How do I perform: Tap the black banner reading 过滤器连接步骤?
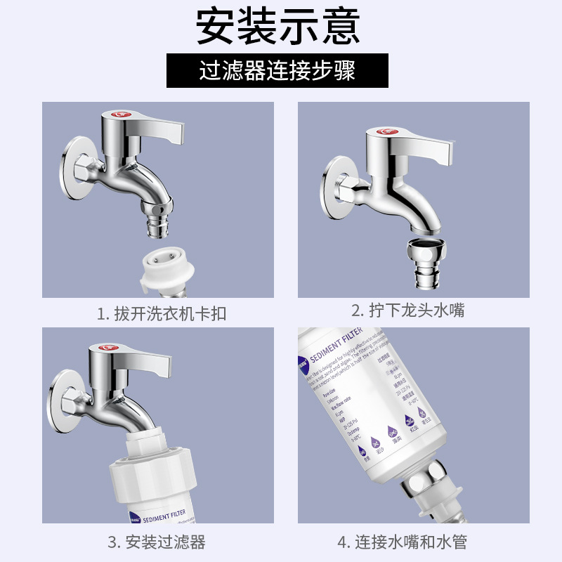click(277, 71)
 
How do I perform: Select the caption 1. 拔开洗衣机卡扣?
click(162, 313)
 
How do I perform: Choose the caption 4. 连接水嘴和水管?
click(402, 542)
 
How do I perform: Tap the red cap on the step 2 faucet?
click(384, 131)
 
